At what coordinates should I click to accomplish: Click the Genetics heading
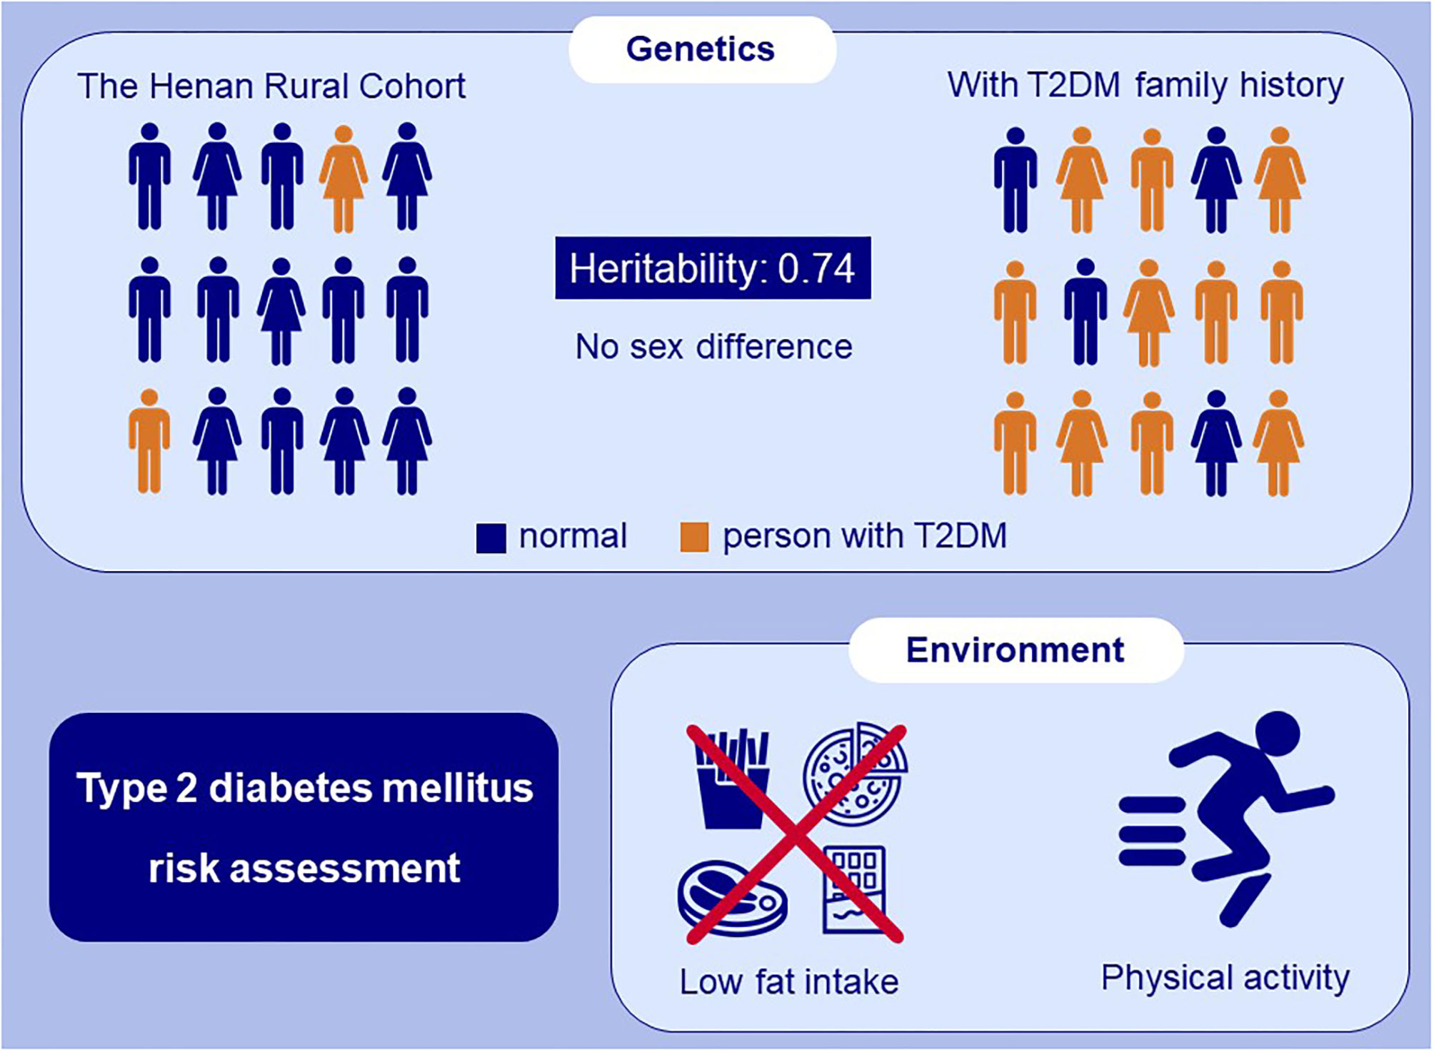click(x=701, y=49)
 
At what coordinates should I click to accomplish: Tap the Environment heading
click(x=1015, y=650)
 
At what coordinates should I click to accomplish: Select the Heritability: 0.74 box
click(x=713, y=268)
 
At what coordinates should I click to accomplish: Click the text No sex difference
click(x=713, y=347)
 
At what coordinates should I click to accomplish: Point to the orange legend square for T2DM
click(x=694, y=537)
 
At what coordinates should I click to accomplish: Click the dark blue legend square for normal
click(x=491, y=537)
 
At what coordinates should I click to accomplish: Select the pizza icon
click(x=856, y=775)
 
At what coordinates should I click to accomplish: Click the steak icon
click(x=732, y=898)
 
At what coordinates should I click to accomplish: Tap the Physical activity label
click(x=1225, y=978)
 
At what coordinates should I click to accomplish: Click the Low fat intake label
click(x=789, y=982)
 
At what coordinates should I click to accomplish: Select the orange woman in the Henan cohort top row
click(x=344, y=178)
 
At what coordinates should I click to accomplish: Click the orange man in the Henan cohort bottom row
click(x=149, y=442)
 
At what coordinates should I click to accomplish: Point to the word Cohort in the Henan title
click(x=412, y=86)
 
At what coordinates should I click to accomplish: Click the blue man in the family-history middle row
click(x=1085, y=312)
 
